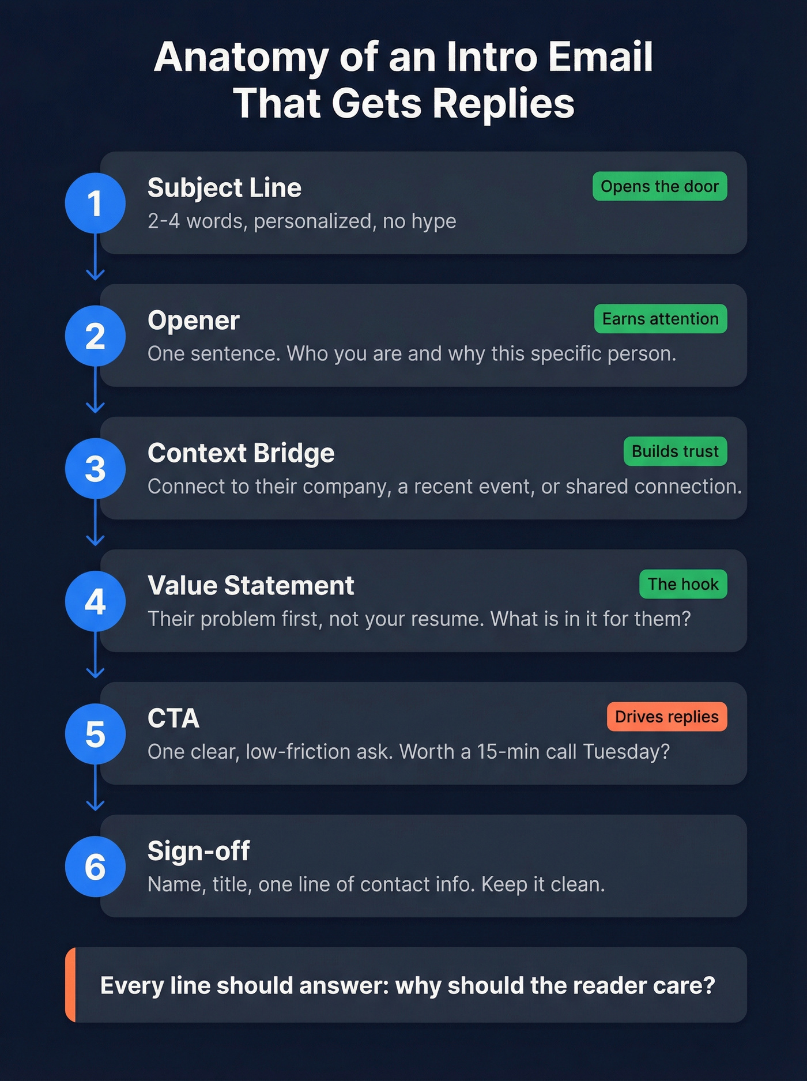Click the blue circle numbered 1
pyautogui.click(x=95, y=204)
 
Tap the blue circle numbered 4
pyautogui.click(x=95, y=601)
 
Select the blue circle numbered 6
pyautogui.click(x=95, y=867)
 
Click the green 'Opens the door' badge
pyautogui.click(x=659, y=186)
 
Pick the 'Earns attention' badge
pyautogui.click(x=660, y=319)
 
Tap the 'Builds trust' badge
pyautogui.click(x=675, y=451)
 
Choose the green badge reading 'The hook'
pyautogui.click(x=683, y=584)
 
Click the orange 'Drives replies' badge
pyautogui.click(x=666, y=717)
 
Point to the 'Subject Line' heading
pyautogui.click(x=224, y=188)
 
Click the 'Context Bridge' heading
pyautogui.click(x=241, y=453)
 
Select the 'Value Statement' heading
pyautogui.click(x=251, y=586)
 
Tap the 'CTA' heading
pyautogui.click(x=174, y=718)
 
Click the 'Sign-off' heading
pyautogui.click(x=198, y=851)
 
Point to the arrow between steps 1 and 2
pyautogui.click(x=95, y=259)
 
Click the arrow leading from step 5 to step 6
pyautogui.click(x=95, y=790)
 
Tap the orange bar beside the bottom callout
pyautogui.click(x=70, y=985)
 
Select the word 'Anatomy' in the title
pyautogui.click(x=241, y=57)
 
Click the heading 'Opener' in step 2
pyautogui.click(x=193, y=321)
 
